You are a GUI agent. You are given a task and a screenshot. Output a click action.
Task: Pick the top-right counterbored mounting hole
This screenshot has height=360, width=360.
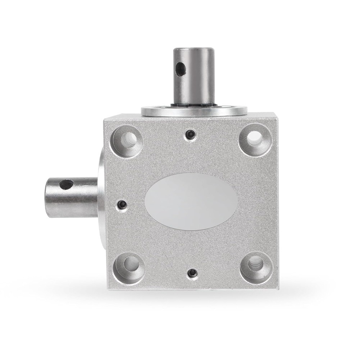pos(255,138)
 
